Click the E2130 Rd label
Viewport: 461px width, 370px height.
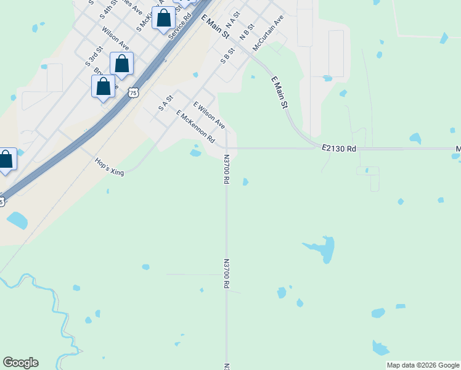339,148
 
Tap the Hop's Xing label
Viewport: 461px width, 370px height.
109,167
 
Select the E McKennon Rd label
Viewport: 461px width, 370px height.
195,125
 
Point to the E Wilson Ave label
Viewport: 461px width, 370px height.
209,115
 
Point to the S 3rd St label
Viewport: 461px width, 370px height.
93,55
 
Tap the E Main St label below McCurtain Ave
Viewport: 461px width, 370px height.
280,92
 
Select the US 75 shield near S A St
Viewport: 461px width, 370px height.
134,92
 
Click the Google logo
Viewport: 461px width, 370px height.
20,363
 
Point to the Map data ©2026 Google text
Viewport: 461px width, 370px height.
423,365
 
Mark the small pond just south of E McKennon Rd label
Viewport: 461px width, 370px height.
195,152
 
